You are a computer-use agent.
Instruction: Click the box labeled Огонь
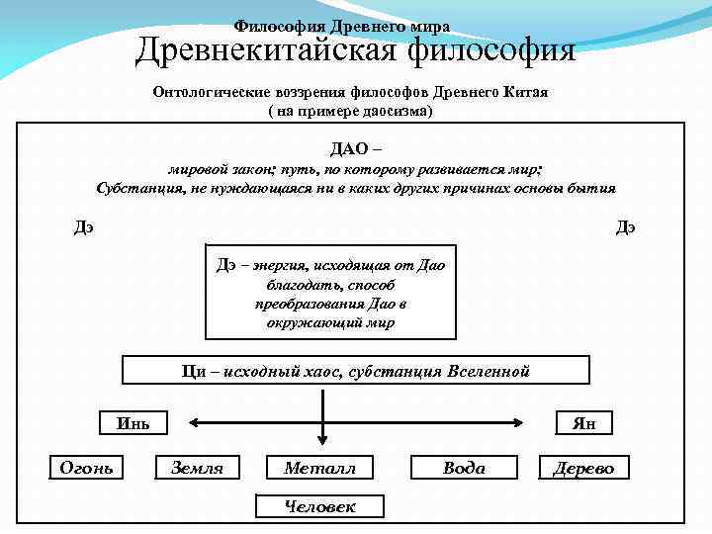coord(87,467)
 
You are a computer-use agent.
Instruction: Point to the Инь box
coord(133,423)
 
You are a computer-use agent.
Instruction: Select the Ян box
coord(583,423)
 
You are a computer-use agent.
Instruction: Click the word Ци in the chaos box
coord(194,371)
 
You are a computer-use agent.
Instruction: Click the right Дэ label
coord(625,226)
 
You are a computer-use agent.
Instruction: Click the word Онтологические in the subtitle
coord(212,92)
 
